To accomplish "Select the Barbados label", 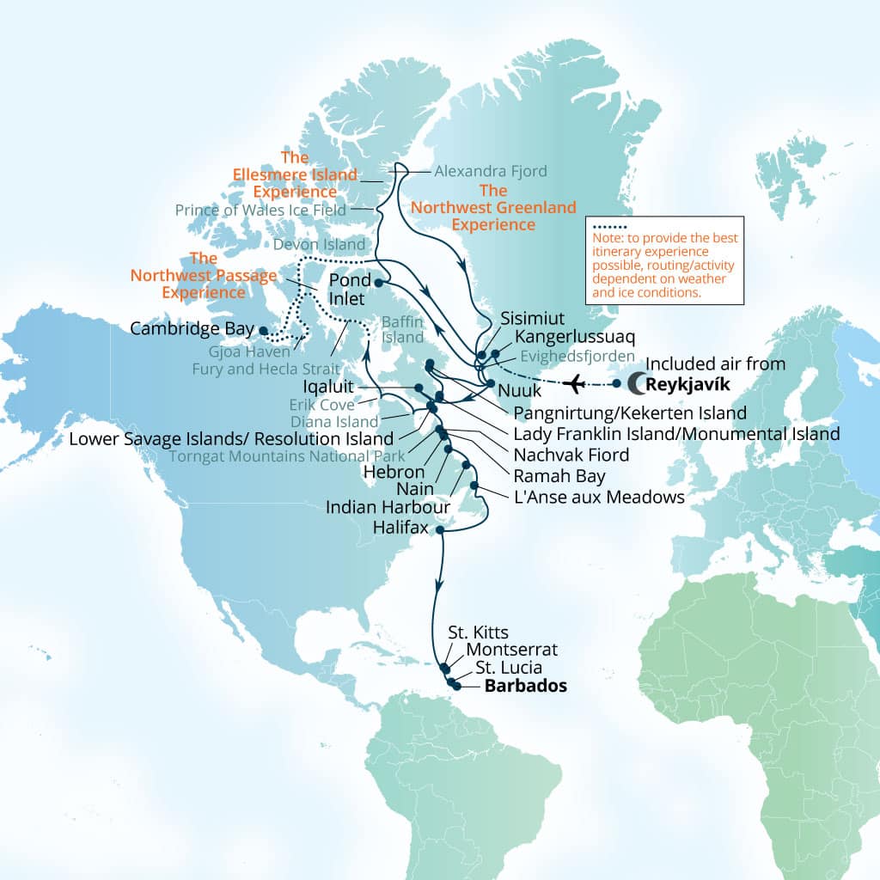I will coord(526,687).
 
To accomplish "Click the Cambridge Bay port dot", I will coord(264,329).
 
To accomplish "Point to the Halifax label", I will coord(400,528).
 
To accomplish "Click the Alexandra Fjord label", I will coord(490,171).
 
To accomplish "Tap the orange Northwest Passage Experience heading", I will coord(204,276).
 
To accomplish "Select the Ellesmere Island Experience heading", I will coord(295,174).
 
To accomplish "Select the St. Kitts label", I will coord(479,632).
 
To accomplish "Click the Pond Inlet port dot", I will coord(376,282).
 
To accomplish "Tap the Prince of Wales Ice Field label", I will coord(260,210).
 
